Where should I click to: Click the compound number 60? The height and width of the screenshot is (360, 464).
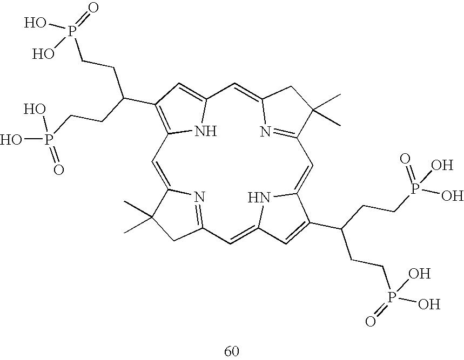click(232, 351)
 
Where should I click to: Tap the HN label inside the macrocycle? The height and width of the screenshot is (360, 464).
click(258, 198)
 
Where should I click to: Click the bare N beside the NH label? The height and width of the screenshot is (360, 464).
click(265, 131)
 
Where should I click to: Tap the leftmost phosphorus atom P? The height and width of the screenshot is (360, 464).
click(50, 139)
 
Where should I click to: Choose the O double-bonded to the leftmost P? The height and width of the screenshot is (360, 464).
click(59, 170)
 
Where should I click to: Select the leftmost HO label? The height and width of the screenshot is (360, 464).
click(11, 140)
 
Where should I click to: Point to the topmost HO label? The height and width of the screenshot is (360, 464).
click(33, 23)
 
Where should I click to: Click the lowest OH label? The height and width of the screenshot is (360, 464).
click(429, 304)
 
